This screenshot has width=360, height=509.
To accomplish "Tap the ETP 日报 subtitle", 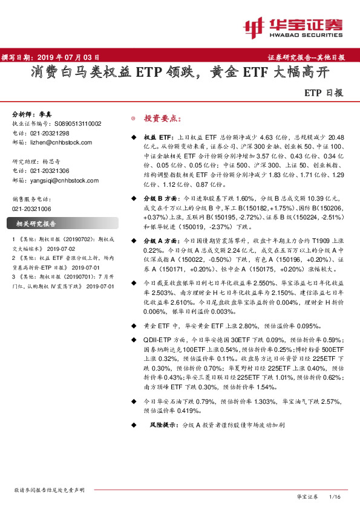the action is pyautogui.click(x=324, y=93).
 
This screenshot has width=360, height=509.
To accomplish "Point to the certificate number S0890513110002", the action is pyautogui.click(x=74, y=123).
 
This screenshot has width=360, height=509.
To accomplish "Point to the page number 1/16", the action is pyautogui.click(x=335, y=496).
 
